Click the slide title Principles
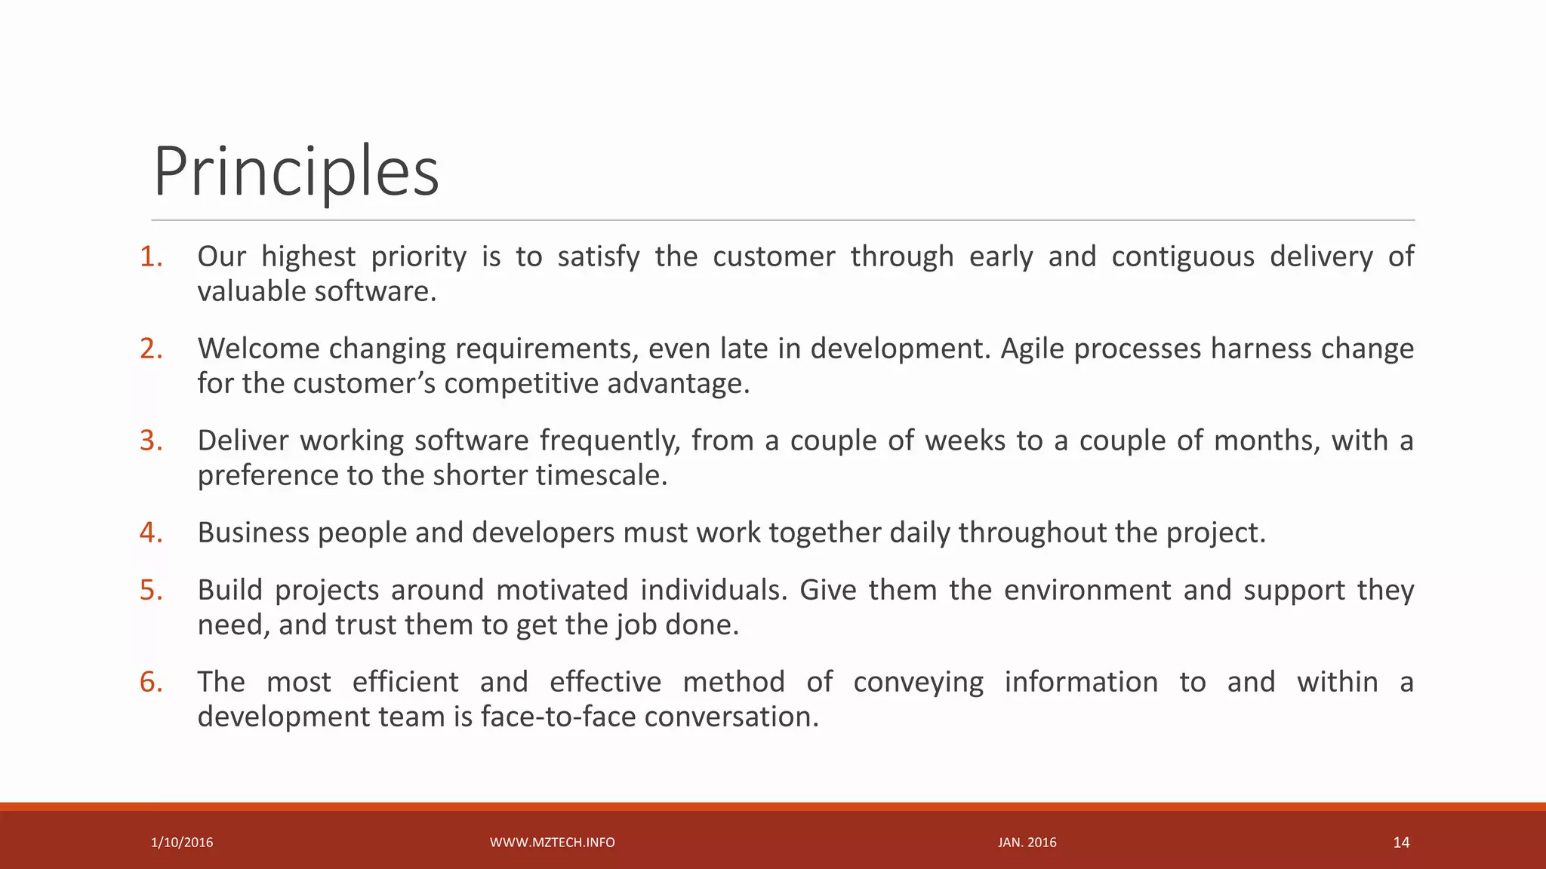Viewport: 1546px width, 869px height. pos(296,172)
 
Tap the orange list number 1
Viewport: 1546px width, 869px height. pos(151,257)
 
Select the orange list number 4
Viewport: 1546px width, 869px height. pos(151,533)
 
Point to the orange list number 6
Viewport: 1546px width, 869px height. pos(151,683)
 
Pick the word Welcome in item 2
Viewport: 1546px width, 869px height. pos(257,349)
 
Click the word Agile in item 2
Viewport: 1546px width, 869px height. pos(1032,349)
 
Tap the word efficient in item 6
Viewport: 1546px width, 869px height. pos(405,683)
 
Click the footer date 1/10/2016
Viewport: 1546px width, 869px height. pos(182,843)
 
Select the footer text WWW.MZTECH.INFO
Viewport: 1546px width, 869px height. pos(552,843)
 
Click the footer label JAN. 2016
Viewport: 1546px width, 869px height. pos(1027,843)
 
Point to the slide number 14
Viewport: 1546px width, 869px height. pos(1401,843)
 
